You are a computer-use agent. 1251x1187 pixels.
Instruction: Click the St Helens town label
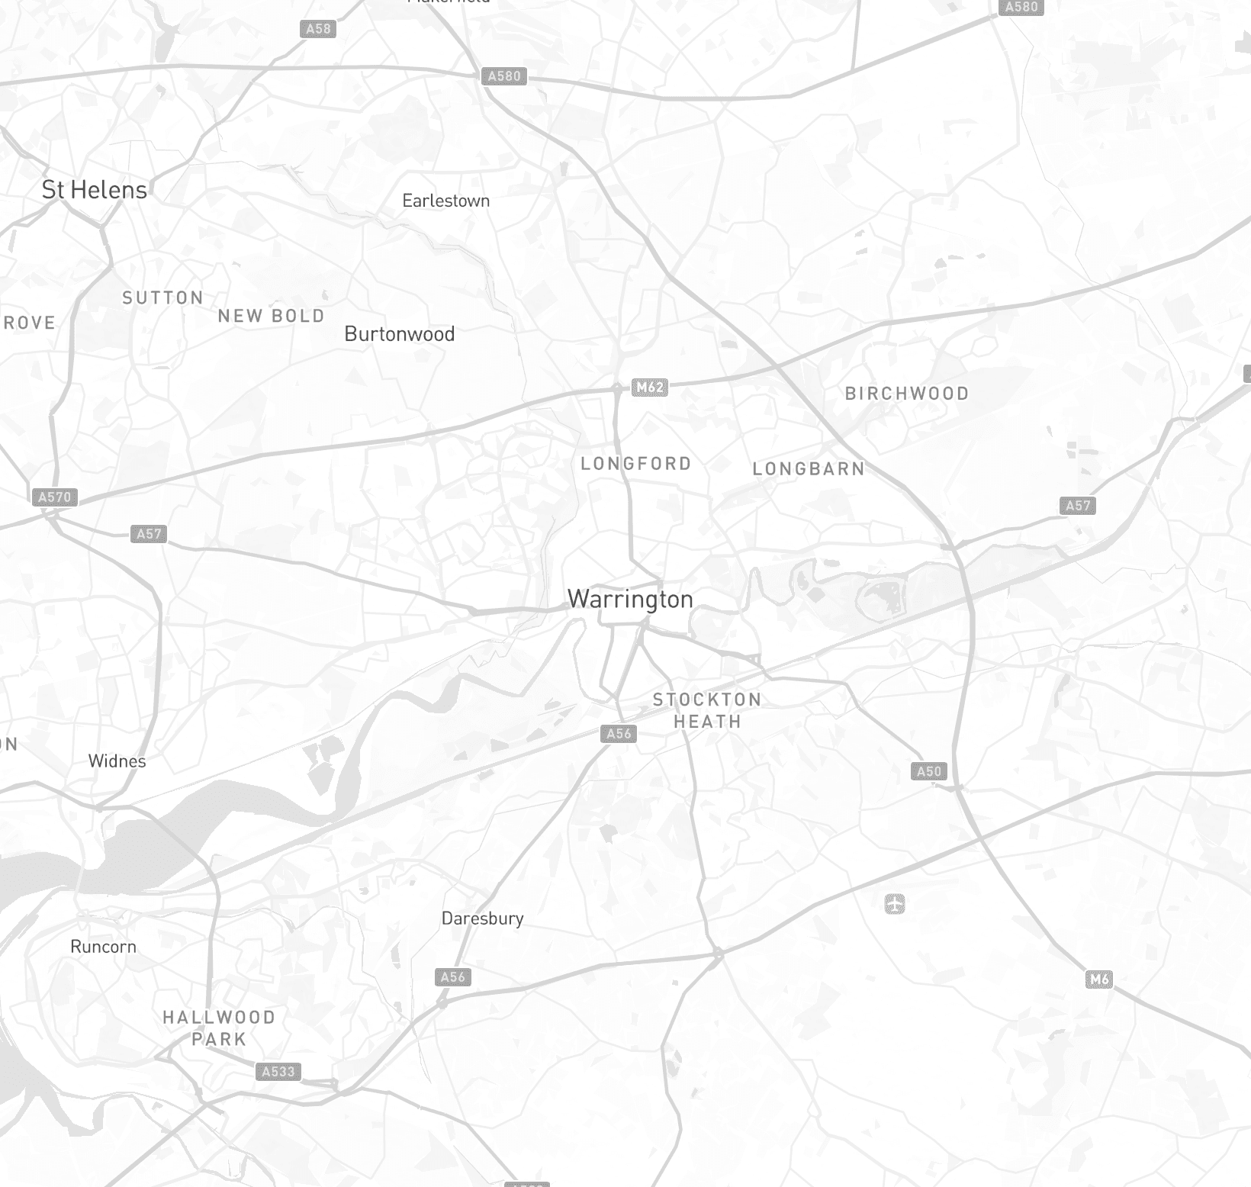(95, 190)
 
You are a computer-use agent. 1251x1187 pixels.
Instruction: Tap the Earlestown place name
(446, 201)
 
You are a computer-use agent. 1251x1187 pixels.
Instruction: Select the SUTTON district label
(163, 298)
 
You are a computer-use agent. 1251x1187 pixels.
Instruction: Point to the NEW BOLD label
(272, 316)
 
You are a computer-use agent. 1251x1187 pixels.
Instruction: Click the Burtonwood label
(400, 334)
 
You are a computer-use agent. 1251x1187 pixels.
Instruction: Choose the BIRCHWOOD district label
(907, 394)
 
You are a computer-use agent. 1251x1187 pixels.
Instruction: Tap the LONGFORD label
(636, 464)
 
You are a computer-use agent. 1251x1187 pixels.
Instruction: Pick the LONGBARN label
(809, 469)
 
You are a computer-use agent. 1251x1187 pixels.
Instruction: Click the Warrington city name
(631, 600)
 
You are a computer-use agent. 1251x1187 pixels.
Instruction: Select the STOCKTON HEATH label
(707, 710)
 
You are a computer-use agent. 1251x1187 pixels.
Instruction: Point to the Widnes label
(117, 761)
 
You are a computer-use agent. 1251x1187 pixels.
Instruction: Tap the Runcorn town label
(104, 947)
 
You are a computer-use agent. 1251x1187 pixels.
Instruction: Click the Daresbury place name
(483, 918)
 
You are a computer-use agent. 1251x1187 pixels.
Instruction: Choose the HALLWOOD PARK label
(219, 1028)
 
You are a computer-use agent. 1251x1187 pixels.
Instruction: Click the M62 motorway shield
(651, 388)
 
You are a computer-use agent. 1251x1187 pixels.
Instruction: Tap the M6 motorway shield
(1099, 980)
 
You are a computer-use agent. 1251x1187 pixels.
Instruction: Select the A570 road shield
(55, 497)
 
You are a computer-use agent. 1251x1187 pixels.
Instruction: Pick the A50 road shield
(929, 771)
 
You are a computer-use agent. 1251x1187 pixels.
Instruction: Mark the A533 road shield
(278, 1072)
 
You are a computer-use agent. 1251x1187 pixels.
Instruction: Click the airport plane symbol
(895, 905)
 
